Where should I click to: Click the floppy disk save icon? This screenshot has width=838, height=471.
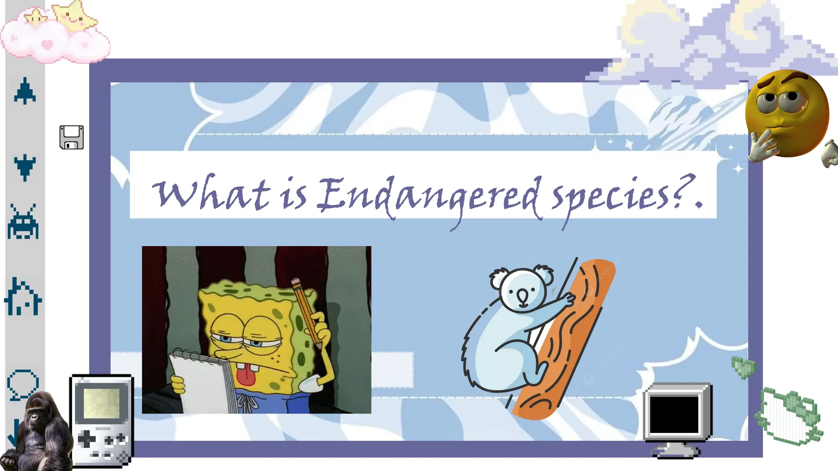pyautogui.click(x=72, y=137)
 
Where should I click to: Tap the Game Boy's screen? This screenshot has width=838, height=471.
pyautogui.click(x=101, y=403)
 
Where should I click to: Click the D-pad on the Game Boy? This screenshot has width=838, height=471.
pyautogui.click(x=87, y=440)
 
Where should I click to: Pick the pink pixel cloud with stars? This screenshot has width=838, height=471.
pyautogui.click(x=55, y=35)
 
